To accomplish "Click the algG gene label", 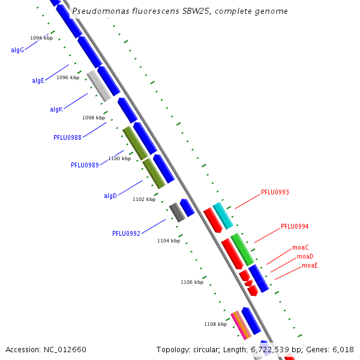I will (17, 50).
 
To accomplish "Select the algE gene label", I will (38, 80).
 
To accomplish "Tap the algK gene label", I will (56, 109).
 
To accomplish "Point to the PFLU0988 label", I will (67, 137).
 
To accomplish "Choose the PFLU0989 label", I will (85, 165).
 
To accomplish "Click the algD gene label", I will (110, 196).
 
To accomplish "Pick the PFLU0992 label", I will (126, 233).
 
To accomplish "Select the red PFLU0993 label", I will (275, 193).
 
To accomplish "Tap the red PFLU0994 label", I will (295, 227).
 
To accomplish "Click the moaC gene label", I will (301, 247).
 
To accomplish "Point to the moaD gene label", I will (305, 256).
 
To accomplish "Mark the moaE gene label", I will (310, 265).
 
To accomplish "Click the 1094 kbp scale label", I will (41, 38).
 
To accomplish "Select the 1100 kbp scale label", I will (119, 158).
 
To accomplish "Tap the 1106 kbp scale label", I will (192, 282).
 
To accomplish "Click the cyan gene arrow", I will (223, 216).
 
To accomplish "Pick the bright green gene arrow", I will (242, 250).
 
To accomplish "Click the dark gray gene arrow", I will (176, 212).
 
